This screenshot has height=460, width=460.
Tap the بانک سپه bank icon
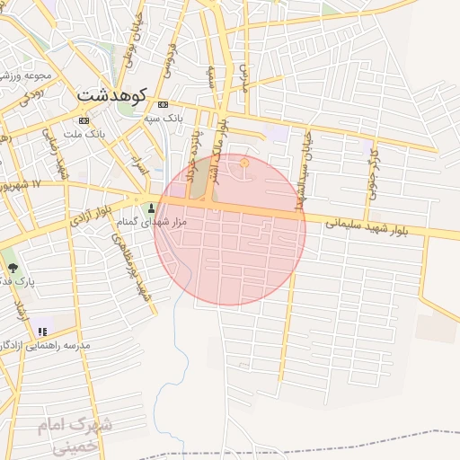tap(161, 104)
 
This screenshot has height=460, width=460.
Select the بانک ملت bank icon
tap(84, 120)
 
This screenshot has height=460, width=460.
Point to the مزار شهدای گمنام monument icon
tap(150, 209)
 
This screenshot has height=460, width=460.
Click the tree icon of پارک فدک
tap(12, 267)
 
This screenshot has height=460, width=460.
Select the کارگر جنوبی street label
tap(373, 171)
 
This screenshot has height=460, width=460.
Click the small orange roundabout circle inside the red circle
tap(245, 163)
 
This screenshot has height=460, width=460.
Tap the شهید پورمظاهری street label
tap(131, 261)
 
